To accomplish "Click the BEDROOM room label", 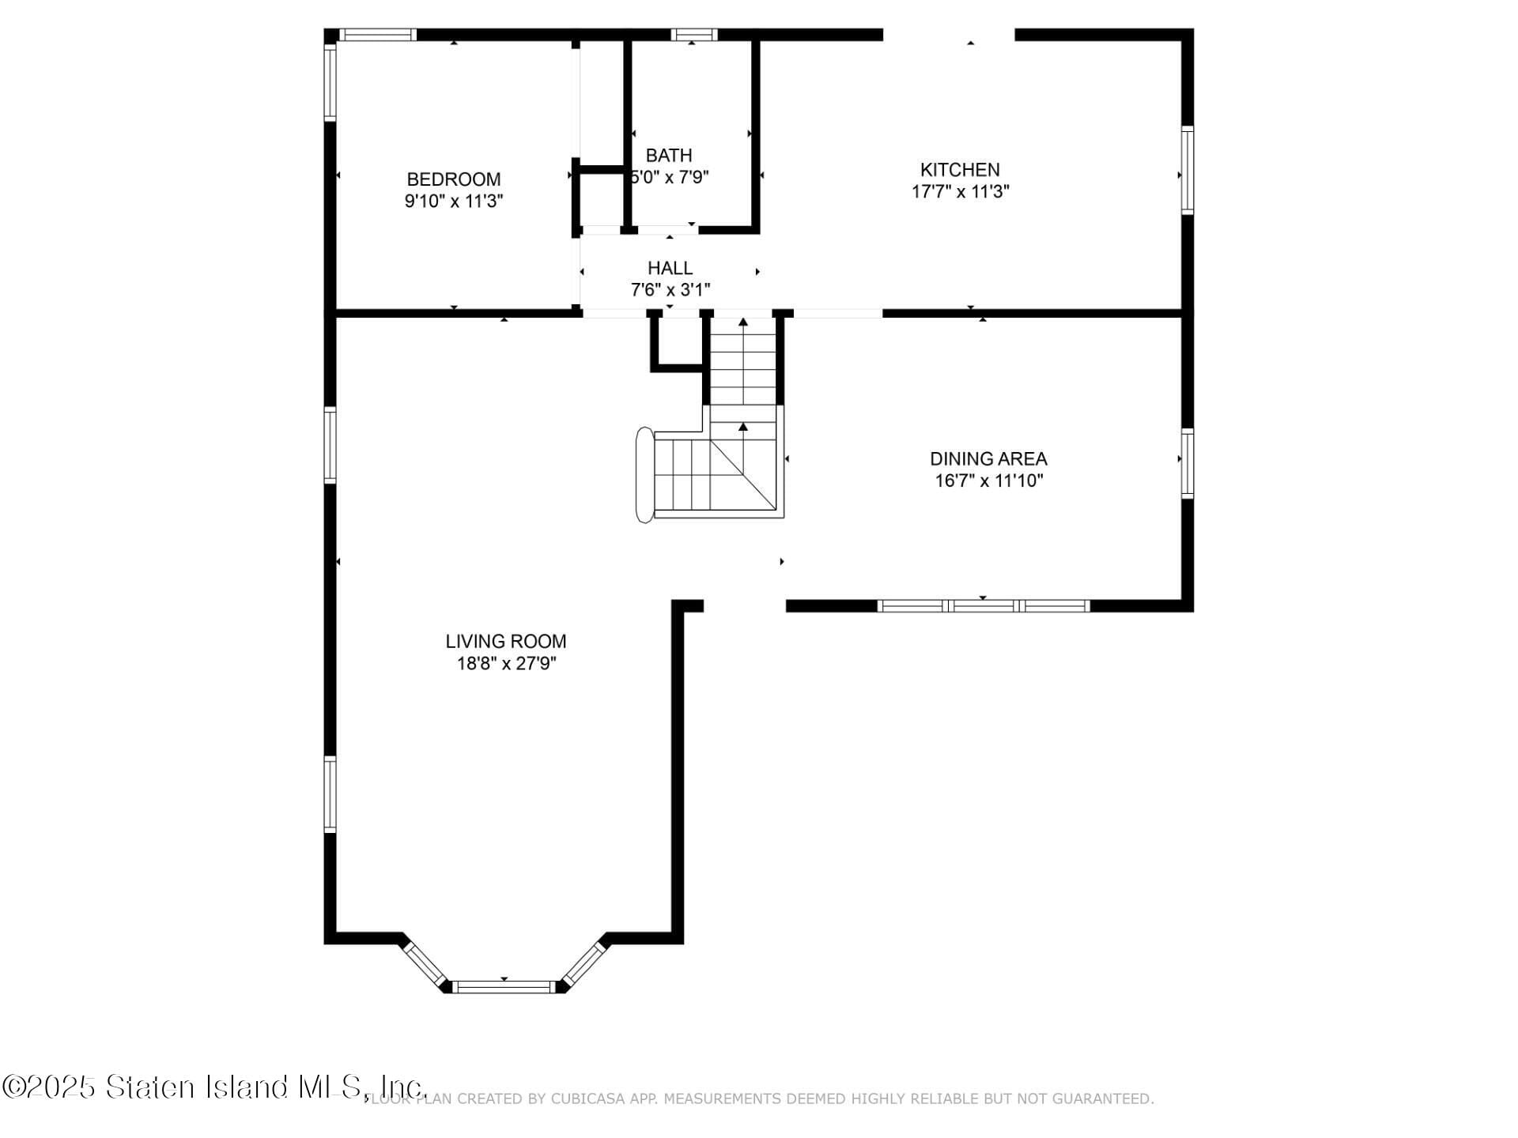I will (x=453, y=179).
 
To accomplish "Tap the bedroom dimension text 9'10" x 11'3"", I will (x=453, y=202).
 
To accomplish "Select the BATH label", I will (x=669, y=156).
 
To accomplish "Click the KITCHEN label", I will (x=960, y=170).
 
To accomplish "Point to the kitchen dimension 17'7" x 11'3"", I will (x=960, y=192).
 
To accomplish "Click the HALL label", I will (x=670, y=269).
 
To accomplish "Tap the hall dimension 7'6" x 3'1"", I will (x=670, y=290).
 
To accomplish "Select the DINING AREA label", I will (x=988, y=459).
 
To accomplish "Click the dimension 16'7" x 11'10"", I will (x=988, y=480).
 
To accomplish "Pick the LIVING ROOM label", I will (x=505, y=642).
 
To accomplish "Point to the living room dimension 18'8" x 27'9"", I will (x=505, y=664).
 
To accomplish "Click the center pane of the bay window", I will (x=504, y=986).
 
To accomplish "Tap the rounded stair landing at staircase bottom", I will (x=644, y=475).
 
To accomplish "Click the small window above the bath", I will (x=693, y=35).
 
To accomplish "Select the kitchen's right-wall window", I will (x=1187, y=170).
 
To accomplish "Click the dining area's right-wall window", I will (x=1187, y=463).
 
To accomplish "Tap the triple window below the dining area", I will (x=983, y=606).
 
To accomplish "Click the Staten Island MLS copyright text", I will (x=213, y=1087).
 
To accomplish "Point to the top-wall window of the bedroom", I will (x=377, y=35).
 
